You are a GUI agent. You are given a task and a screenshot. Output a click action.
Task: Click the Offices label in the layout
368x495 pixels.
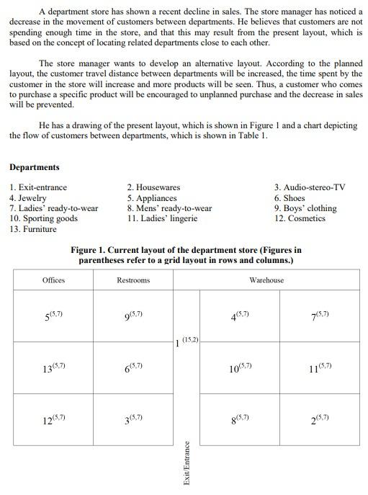[x=53, y=280]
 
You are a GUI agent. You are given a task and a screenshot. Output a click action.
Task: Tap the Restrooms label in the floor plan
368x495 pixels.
[x=133, y=280]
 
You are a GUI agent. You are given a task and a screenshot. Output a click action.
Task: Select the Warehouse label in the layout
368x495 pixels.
[x=266, y=280]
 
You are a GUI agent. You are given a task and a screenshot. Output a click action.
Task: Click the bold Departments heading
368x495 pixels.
[x=35, y=167]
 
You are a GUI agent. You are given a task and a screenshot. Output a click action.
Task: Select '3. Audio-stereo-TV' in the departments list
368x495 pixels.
[x=310, y=187]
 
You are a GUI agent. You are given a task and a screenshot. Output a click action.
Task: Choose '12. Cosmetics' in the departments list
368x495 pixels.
[x=300, y=218]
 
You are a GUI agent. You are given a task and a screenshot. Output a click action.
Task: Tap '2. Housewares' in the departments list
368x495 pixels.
[x=153, y=187]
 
